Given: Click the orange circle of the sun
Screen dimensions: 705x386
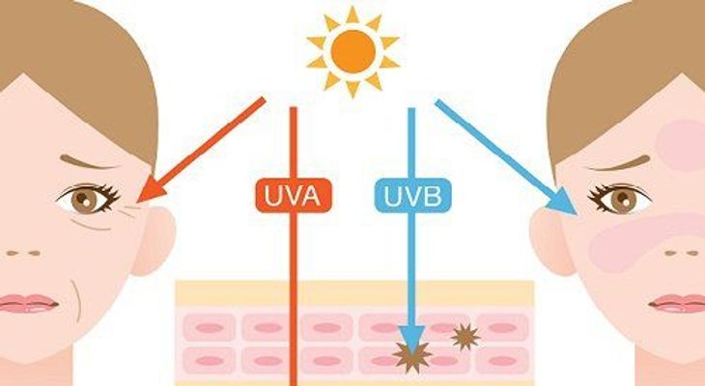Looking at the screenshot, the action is coord(352,51).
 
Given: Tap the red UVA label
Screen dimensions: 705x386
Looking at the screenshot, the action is coord(294,196).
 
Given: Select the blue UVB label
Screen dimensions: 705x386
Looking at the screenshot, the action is coord(412,196).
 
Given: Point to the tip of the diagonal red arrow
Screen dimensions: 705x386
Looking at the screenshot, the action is coord(137,202).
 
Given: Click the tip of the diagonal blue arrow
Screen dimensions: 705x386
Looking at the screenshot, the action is coord(577,214).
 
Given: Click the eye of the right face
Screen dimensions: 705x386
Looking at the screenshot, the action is coord(620,198).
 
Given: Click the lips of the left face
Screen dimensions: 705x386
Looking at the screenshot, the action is coord(27,303).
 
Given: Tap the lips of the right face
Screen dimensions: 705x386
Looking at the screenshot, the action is coord(678,303).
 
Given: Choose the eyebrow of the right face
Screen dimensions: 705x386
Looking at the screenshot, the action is coord(619,163).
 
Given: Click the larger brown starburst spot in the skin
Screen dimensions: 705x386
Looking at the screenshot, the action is coord(411,356).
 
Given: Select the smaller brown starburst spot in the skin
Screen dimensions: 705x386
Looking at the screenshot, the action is coord(465,337).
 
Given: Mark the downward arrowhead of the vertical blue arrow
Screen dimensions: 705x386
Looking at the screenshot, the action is coord(411,339).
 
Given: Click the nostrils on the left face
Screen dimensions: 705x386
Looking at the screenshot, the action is coord(23,253).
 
